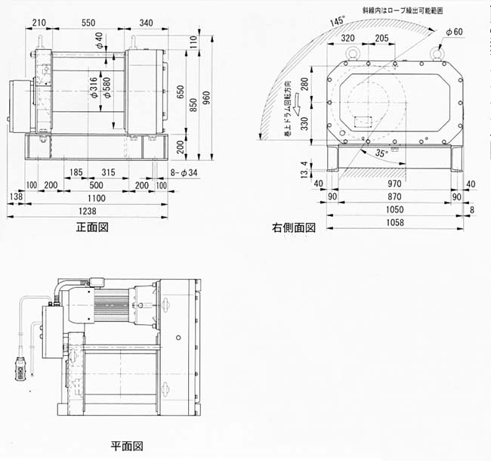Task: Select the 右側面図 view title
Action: point(294,227)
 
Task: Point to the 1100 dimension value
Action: point(95,198)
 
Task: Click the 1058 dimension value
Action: point(394,223)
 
